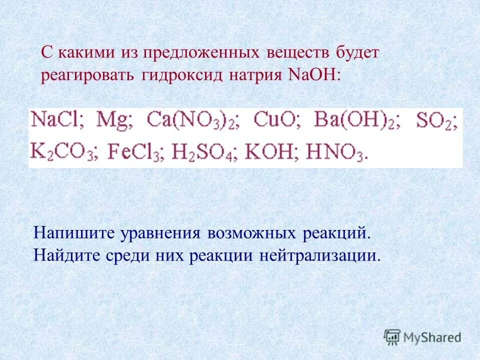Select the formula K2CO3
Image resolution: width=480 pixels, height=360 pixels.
click(x=61, y=152)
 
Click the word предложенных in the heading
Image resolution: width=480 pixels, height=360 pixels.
click(x=201, y=53)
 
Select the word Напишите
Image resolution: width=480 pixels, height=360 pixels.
click(x=73, y=233)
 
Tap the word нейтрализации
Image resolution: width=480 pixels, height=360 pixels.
click(x=319, y=256)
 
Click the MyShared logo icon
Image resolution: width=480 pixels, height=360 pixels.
click(x=392, y=337)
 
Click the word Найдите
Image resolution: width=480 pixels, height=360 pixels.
click(x=67, y=256)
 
